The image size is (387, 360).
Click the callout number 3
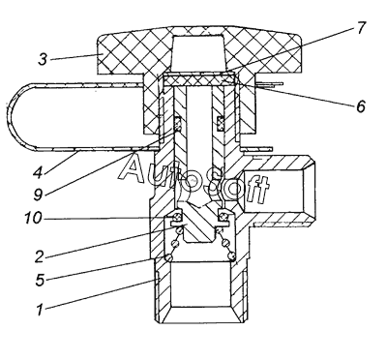(43, 60)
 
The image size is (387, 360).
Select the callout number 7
(361, 28)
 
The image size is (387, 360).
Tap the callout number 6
(361, 106)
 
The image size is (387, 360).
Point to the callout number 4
(38, 172)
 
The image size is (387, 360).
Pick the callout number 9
(38, 195)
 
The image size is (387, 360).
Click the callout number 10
(33, 219)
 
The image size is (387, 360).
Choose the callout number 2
(39, 256)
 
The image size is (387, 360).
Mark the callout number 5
(40, 280)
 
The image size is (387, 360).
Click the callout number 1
(40, 310)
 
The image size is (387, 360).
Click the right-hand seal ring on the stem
(221, 124)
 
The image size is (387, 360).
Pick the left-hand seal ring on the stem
(178, 124)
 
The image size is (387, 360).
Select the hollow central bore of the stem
(199, 129)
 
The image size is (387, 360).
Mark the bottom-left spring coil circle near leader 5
(169, 256)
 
